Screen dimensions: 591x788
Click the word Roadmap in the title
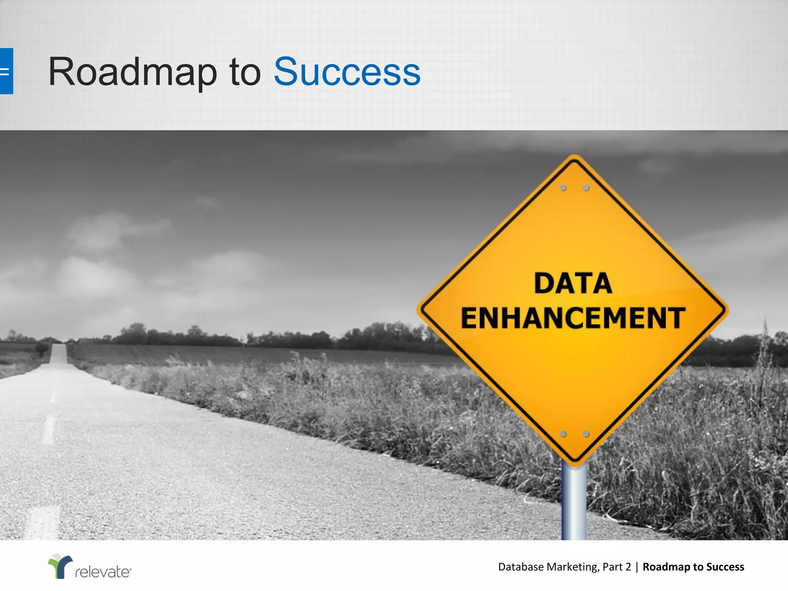click(132, 72)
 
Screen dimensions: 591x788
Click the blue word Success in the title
click(347, 72)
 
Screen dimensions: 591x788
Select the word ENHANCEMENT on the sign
click(573, 318)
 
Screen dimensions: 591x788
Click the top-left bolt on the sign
click(563, 188)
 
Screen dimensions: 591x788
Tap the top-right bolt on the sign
click(586, 188)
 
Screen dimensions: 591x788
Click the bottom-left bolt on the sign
click(563, 434)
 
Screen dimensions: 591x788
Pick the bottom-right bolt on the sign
click(586, 434)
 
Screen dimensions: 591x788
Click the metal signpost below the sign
click(574, 504)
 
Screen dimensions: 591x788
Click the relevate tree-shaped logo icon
click(60, 566)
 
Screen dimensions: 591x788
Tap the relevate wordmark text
click(103, 572)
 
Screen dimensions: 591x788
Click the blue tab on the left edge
click(6, 71)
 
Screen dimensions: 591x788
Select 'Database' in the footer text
click(521, 567)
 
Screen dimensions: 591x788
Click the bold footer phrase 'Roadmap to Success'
click(693, 567)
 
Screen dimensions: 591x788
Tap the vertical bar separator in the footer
click(637, 567)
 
